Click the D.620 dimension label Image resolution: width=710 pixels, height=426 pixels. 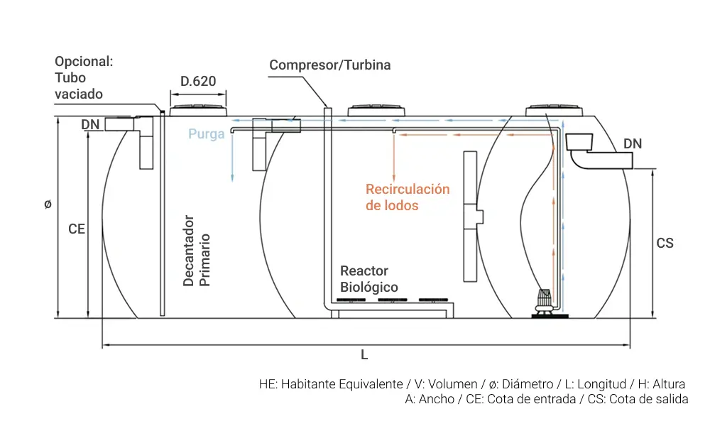[x=197, y=81]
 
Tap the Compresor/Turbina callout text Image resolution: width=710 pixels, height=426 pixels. [x=329, y=65]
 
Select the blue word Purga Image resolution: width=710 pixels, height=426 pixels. [x=206, y=133]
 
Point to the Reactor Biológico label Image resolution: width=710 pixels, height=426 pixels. [x=368, y=279]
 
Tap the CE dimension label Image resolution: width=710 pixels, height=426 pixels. [x=77, y=229]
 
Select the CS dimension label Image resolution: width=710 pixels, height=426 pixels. [x=665, y=244]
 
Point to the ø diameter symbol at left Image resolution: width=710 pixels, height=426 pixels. [x=48, y=204]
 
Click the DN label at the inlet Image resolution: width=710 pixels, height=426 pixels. [x=90, y=125]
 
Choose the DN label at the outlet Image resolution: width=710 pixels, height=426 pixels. [x=632, y=144]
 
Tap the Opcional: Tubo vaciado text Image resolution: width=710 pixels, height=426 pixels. [x=83, y=78]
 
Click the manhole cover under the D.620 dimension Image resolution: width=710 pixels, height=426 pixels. [x=198, y=111]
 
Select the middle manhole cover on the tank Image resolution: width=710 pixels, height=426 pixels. [x=377, y=111]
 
